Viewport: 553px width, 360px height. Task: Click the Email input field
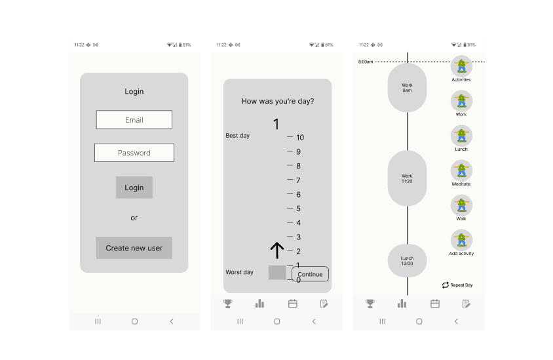134,119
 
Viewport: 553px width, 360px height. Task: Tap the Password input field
134,153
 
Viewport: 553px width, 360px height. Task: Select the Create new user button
134,248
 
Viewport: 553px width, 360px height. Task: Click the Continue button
310,274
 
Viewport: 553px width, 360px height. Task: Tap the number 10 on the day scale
300,137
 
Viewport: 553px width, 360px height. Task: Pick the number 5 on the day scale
298,209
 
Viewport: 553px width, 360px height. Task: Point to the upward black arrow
277,250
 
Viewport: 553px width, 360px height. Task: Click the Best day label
238,136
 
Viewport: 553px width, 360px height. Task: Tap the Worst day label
239,272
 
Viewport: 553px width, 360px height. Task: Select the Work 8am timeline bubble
407,87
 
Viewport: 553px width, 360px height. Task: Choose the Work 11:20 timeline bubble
407,178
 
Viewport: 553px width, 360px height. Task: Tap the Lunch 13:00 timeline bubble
407,261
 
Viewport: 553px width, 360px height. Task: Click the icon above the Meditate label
461,171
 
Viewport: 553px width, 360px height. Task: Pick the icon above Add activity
461,241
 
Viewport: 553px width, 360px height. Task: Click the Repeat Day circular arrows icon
446,285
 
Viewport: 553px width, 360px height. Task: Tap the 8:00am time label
366,62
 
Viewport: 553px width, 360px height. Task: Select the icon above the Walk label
461,205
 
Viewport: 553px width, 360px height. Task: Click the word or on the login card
134,218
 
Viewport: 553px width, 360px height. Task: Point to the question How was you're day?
278,101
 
